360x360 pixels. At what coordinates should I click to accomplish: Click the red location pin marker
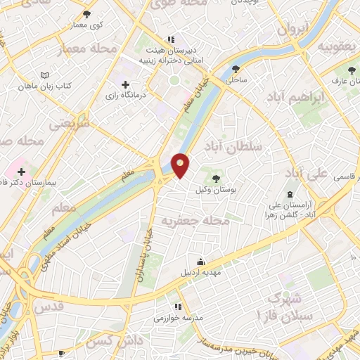181,165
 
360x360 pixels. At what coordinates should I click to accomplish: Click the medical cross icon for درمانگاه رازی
126,85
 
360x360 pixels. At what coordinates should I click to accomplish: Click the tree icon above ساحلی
236,69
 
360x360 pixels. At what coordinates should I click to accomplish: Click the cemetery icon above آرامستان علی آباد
289,194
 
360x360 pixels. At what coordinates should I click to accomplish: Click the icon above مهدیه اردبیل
202,261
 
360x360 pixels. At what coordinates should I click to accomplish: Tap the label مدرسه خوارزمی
179,318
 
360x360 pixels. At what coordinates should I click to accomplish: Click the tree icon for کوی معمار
87,14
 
